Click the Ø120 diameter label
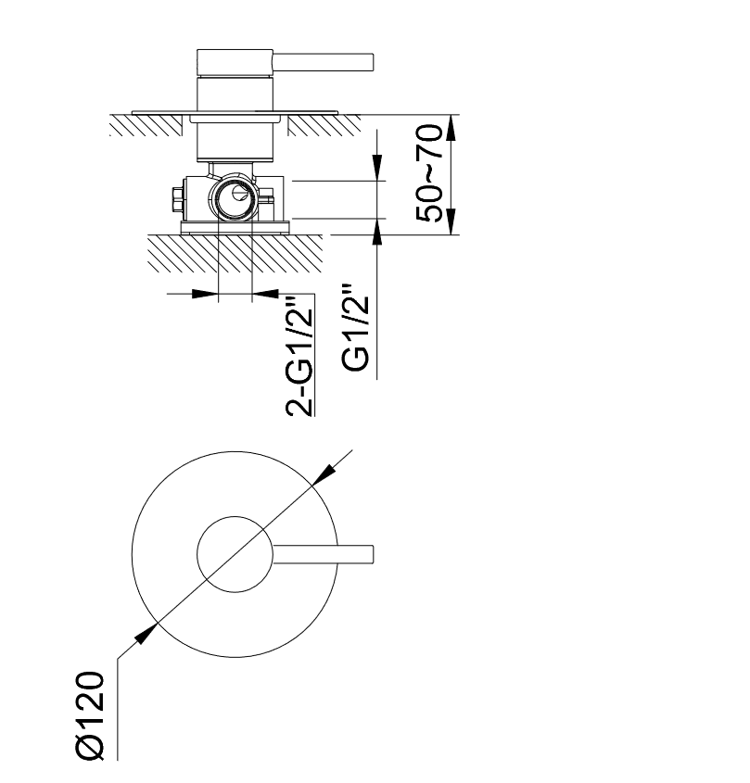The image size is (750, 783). pyautogui.click(x=91, y=716)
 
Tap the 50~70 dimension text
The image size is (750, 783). pyautogui.click(x=429, y=172)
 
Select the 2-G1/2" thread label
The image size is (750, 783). pyautogui.click(x=299, y=357)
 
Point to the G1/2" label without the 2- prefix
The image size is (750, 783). pyautogui.click(x=356, y=328)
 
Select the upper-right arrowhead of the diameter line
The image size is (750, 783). pyautogui.click(x=324, y=474)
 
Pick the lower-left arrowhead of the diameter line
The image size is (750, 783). pyautogui.click(x=146, y=633)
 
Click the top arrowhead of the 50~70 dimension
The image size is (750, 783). pyautogui.click(x=451, y=128)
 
